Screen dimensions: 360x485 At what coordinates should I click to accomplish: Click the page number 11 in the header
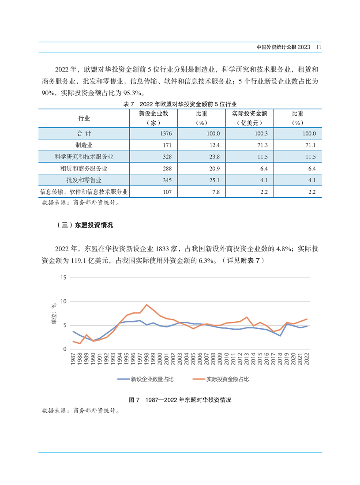(319, 47)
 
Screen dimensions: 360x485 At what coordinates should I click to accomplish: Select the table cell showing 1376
(166, 134)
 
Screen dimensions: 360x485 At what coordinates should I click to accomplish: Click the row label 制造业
(84, 145)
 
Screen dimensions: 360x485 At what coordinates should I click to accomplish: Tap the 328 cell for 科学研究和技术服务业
(167, 157)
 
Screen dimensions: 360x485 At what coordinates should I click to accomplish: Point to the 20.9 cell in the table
(214, 169)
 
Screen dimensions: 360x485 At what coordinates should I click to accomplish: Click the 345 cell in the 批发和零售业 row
(167, 180)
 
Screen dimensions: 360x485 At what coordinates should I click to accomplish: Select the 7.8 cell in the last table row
(216, 192)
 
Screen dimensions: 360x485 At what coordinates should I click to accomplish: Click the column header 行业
(84, 118)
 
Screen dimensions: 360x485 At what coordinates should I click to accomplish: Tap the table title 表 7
(129, 104)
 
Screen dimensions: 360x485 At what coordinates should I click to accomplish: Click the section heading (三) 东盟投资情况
(85, 225)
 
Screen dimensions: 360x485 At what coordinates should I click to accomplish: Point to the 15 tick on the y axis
(64, 278)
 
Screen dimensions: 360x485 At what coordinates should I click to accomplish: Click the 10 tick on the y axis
(64, 301)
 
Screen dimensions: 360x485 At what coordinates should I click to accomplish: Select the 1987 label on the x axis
(73, 359)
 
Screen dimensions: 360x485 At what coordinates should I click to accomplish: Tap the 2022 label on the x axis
(307, 359)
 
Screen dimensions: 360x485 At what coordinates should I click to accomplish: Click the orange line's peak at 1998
(146, 305)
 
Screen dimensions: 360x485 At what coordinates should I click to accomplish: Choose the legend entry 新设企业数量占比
(145, 379)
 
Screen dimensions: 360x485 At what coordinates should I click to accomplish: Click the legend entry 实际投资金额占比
(221, 379)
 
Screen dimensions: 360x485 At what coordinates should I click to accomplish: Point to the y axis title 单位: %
(54, 314)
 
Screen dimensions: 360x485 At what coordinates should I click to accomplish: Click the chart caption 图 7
(134, 400)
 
